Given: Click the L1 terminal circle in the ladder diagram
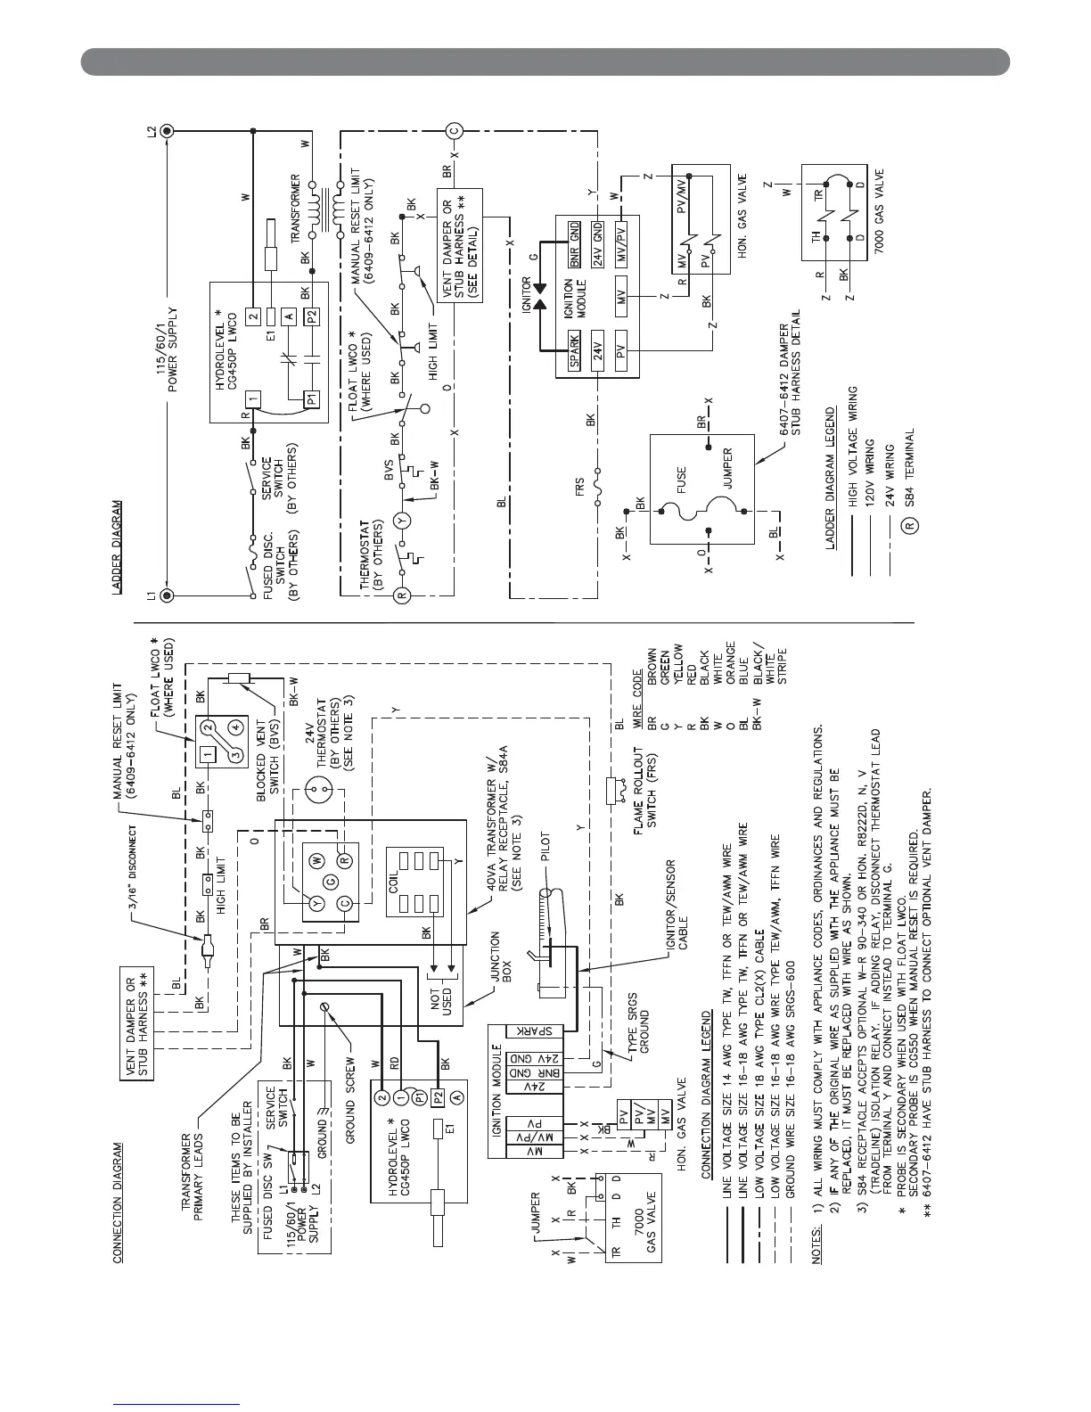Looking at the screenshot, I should point(167,595).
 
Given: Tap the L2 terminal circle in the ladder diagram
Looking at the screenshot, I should point(167,130).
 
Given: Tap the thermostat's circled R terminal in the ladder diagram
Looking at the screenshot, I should point(403,595).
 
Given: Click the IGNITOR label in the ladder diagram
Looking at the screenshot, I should point(526,292).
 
